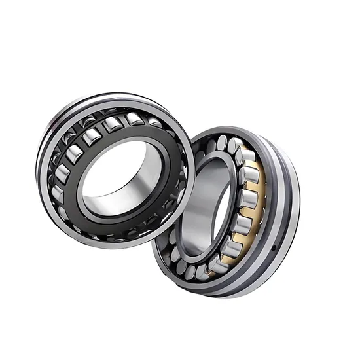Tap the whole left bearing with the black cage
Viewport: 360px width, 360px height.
click(115, 170)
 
